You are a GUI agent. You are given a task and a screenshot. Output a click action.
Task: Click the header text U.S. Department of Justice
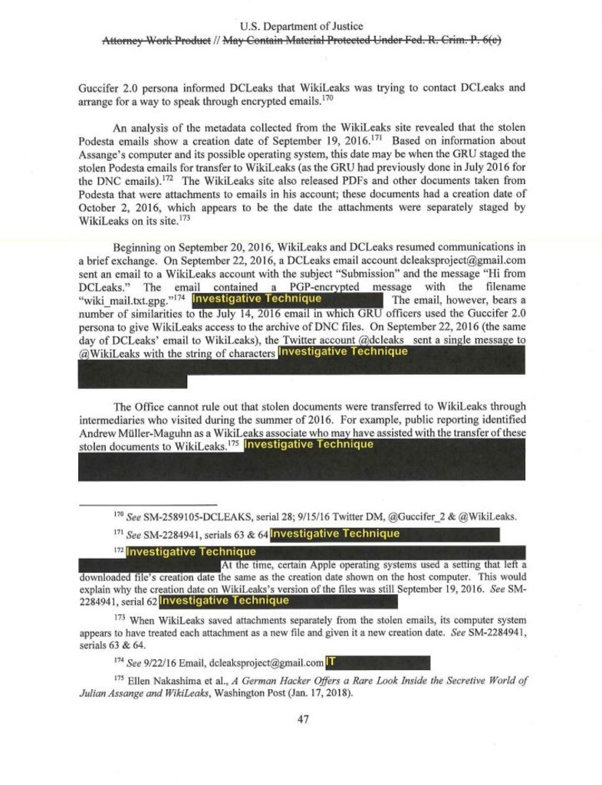point(301,27)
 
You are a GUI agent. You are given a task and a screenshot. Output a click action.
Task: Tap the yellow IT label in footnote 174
point(331,662)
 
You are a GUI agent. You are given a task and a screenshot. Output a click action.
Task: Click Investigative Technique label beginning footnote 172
point(191,552)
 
